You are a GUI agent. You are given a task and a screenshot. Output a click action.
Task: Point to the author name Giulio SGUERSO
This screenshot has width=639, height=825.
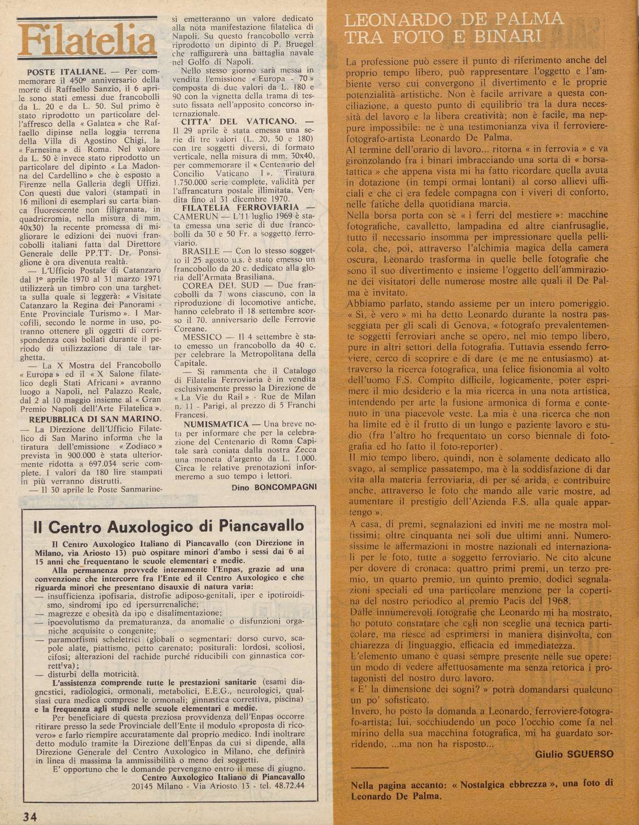point(573,755)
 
